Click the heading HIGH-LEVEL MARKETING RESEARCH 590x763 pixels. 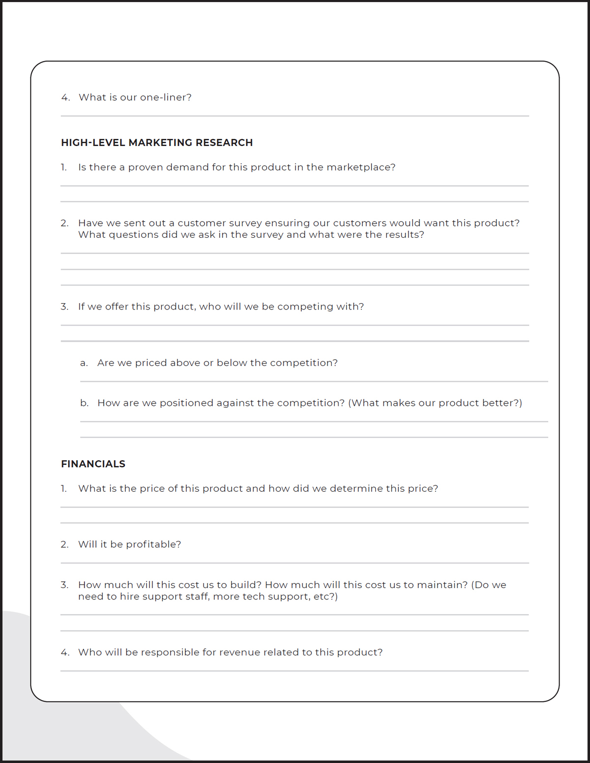click(157, 142)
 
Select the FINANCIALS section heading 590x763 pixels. click(93, 464)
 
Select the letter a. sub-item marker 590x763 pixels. click(84, 363)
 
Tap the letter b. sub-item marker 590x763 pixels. click(85, 403)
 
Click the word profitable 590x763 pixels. click(152, 544)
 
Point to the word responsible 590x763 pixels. click(170, 652)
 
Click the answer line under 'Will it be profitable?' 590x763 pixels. click(295, 563)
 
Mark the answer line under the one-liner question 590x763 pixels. click(295, 116)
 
